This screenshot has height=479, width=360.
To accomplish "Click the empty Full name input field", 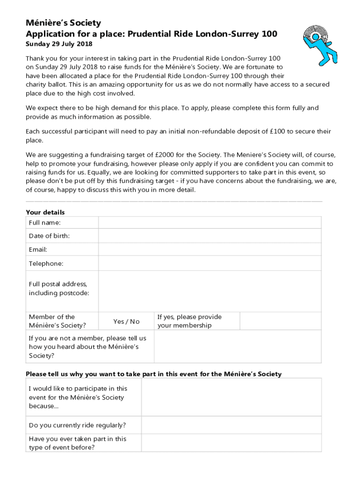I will tap(209, 223).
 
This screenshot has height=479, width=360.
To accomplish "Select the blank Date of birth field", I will tap(209, 236).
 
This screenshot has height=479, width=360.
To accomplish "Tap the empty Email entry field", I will tap(209, 249).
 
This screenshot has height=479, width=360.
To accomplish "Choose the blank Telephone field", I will tap(209, 263).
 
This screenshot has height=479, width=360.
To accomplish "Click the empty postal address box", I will tap(209, 291).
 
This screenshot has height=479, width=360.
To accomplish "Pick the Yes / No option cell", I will tap(126, 321).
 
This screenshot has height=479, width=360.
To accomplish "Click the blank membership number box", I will tap(281, 321).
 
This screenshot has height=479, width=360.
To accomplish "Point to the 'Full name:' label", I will tap(45, 223).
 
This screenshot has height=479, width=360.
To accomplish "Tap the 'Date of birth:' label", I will tap(49, 236).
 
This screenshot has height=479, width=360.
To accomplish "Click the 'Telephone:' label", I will tap(46, 263).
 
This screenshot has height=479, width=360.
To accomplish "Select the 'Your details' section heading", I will tap(45, 212).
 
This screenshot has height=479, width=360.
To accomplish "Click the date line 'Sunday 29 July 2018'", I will tap(59, 44).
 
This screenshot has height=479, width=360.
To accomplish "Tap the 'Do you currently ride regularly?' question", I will tap(77, 425).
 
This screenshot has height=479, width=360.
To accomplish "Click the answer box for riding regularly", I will tap(231, 425).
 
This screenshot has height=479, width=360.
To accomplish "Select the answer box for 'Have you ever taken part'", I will tap(231, 443).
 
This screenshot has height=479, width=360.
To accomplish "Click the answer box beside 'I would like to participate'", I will tap(231, 397).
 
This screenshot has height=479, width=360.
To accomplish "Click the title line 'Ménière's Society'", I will tap(63, 23).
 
